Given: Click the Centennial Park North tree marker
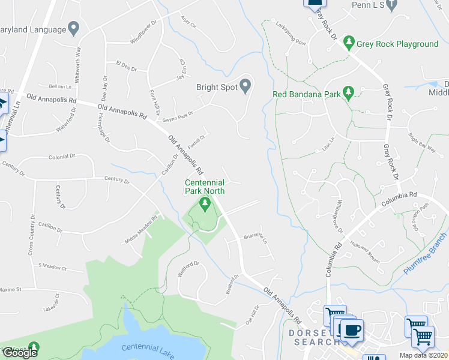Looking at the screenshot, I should pyautogui.click(x=205, y=206).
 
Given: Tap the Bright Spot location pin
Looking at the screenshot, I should pyautogui.click(x=245, y=87).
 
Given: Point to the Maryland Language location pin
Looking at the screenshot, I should pyautogui.click(x=74, y=28).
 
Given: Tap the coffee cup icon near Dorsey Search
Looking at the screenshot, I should pyautogui.click(x=351, y=331).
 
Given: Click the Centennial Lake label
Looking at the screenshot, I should pyautogui.click(x=146, y=349).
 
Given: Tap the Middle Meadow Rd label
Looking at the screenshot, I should pyautogui.click(x=140, y=230).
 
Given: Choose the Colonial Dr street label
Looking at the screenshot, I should pyautogui.click(x=62, y=157).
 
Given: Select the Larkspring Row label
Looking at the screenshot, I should pyautogui.click(x=291, y=34).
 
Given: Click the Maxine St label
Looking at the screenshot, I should pyautogui.click(x=10, y=290).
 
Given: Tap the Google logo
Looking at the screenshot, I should pyautogui.click(x=19, y=353).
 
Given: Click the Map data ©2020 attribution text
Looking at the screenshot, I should pyautogui.click(x=424, y=355).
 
